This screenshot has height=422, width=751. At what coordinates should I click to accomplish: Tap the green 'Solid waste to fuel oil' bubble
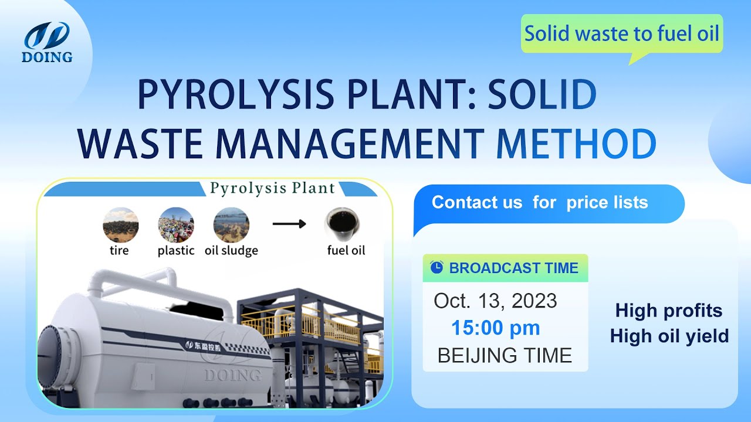coord(622,34)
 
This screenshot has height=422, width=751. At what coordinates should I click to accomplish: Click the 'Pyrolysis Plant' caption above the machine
coord(272,188)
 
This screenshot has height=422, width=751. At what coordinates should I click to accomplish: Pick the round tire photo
coord(120,225)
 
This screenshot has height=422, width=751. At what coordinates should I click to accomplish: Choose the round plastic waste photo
coord(176,225)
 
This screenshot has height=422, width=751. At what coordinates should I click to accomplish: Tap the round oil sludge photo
coord(231,225)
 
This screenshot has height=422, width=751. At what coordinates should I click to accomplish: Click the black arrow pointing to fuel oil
coord(289,224)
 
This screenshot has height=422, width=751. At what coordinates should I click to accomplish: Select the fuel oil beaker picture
coord(343,225)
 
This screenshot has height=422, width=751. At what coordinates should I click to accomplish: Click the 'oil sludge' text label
coord(231,251)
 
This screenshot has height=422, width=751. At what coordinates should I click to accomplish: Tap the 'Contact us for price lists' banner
coord(540,203)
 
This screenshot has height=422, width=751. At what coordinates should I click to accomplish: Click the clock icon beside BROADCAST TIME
coord(437,267)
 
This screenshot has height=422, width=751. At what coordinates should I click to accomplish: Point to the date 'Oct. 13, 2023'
coord(495,301)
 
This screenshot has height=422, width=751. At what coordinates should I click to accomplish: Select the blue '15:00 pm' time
coord(495,328)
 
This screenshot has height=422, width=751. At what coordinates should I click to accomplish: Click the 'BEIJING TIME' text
coord(505,355)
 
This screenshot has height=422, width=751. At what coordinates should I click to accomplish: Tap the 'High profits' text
coord(669,311)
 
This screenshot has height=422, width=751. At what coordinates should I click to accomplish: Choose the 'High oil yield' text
coord(669,336)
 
